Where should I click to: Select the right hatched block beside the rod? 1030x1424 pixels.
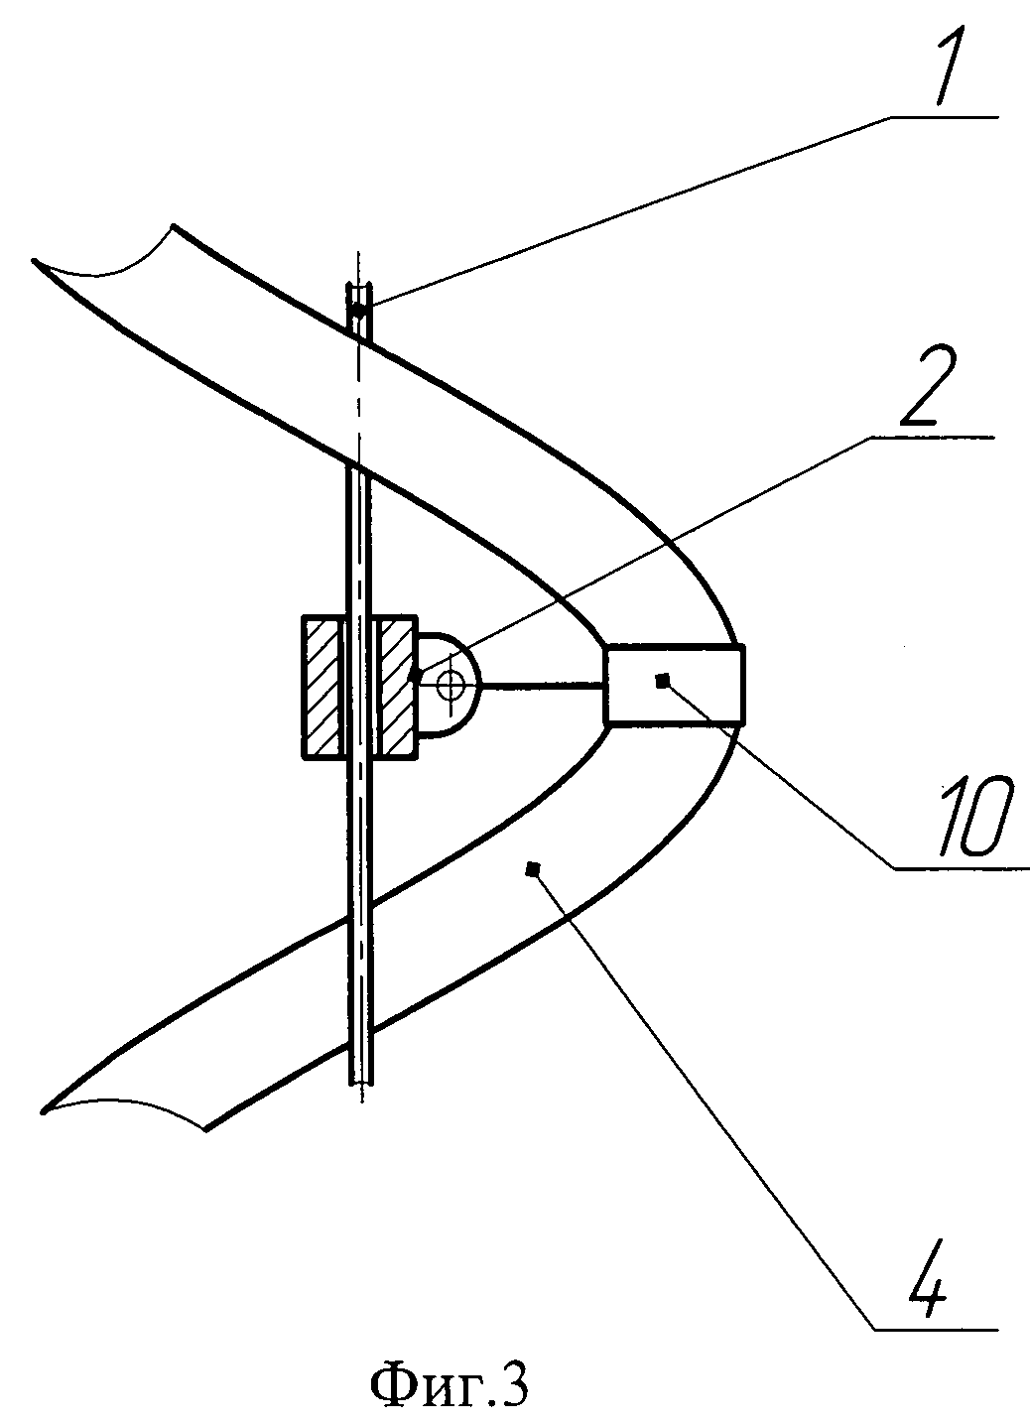pyautogui.click(x=396, y=688)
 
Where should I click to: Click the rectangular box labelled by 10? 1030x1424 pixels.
pyautogui.click(x=674, y=684)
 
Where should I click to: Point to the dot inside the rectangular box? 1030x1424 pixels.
pyautogui.click(x=663, y=679)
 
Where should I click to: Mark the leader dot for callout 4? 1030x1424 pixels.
pyautogui.click(x=533, y=869)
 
